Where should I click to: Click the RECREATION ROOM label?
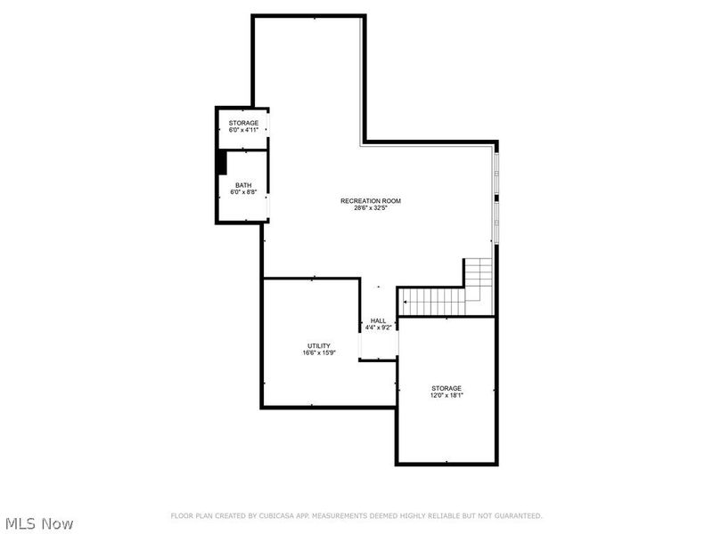[x=371, y=201]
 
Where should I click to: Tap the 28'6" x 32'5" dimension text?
[x=371, y=208]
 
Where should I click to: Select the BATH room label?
[x=243, y=185]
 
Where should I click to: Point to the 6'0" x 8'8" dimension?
[x=243, y=192]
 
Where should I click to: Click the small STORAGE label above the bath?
[x=243, y=123]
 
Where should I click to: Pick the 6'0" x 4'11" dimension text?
[x=243, y=130]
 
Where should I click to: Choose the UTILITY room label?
[x=319, y=345]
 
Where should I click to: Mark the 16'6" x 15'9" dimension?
[x=319, y=352]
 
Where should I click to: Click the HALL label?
[x=379, y=320]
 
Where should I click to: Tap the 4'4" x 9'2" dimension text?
[x=379, y=328]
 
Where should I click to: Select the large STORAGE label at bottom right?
[x=447, y=388]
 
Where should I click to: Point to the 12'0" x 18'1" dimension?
[x=447, y=395]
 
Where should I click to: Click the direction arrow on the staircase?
[x=406, y=303]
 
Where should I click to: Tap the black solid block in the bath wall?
[x=221, y=163]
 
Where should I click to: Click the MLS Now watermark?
[x=39, y=523]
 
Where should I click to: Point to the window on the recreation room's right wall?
[x=495, y=196]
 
